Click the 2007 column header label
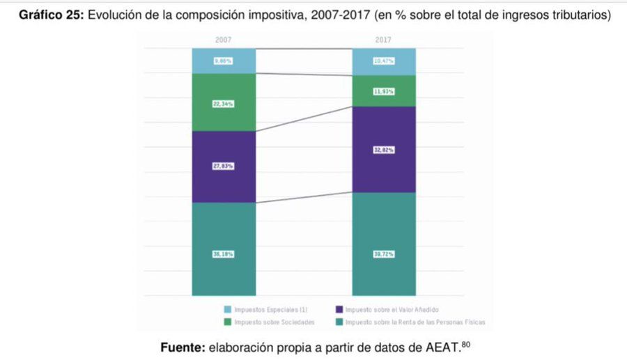point(223,40)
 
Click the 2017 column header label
point(384,40)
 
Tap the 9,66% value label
point(223,61)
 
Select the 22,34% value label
point(223,104)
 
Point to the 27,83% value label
point(223,166)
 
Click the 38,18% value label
point(223,254)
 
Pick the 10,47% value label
point(384,61)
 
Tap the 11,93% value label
point(384,91)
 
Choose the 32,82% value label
point(384,150)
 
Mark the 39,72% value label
point(384,254)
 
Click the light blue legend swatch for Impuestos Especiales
point(227,309)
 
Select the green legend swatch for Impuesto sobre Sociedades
point(227,322)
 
